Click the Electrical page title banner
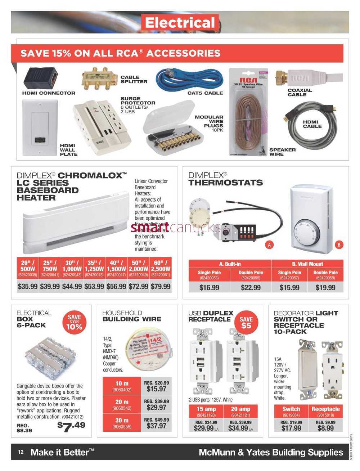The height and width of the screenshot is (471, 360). click(x=180, y=23)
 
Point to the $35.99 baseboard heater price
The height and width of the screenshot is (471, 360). click(x=28, y=287)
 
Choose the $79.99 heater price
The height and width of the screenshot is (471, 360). click(x=161, y=287)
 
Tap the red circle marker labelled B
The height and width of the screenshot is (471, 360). click(x=338, y=245)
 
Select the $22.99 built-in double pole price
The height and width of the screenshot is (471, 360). click(x=251, y=287)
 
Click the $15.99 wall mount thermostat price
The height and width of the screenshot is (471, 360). click(x=289, y=287)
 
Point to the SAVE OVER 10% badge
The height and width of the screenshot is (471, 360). click(x=74, y=322)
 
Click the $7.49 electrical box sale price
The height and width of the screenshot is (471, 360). click(x=71, y=425)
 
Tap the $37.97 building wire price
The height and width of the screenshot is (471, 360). click(x=157, y=426)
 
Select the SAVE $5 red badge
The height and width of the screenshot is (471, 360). click(x=246, y=323)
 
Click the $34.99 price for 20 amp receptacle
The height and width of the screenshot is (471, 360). click(x=238, y=428)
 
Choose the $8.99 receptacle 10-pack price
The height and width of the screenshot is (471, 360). click(x=325, y=428)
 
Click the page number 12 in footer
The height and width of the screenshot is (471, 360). click(x=21, y=452)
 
